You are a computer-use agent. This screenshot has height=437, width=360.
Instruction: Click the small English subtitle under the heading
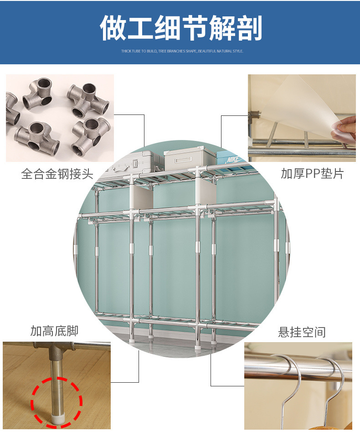click(x=182, y=51)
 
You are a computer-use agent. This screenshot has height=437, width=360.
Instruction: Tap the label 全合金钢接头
click(x=57, y=174)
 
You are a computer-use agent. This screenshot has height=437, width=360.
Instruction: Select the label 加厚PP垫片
click(x=312, y=173)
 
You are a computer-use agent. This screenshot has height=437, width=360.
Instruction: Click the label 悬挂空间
click(x=302, y=332)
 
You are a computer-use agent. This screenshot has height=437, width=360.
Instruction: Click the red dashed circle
click(x=57, y=402)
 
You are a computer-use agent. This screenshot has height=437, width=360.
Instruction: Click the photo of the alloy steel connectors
click(x=60, y=118)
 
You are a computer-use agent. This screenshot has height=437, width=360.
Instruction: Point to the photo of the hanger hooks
click(x=298, y=386)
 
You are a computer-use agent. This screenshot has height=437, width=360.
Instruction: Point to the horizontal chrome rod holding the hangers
click(x=298, y=368)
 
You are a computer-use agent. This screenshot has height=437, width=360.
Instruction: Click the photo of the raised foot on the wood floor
click(x=57, y=385)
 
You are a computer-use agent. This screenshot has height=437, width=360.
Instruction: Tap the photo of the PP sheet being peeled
click(x=302, y=118)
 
